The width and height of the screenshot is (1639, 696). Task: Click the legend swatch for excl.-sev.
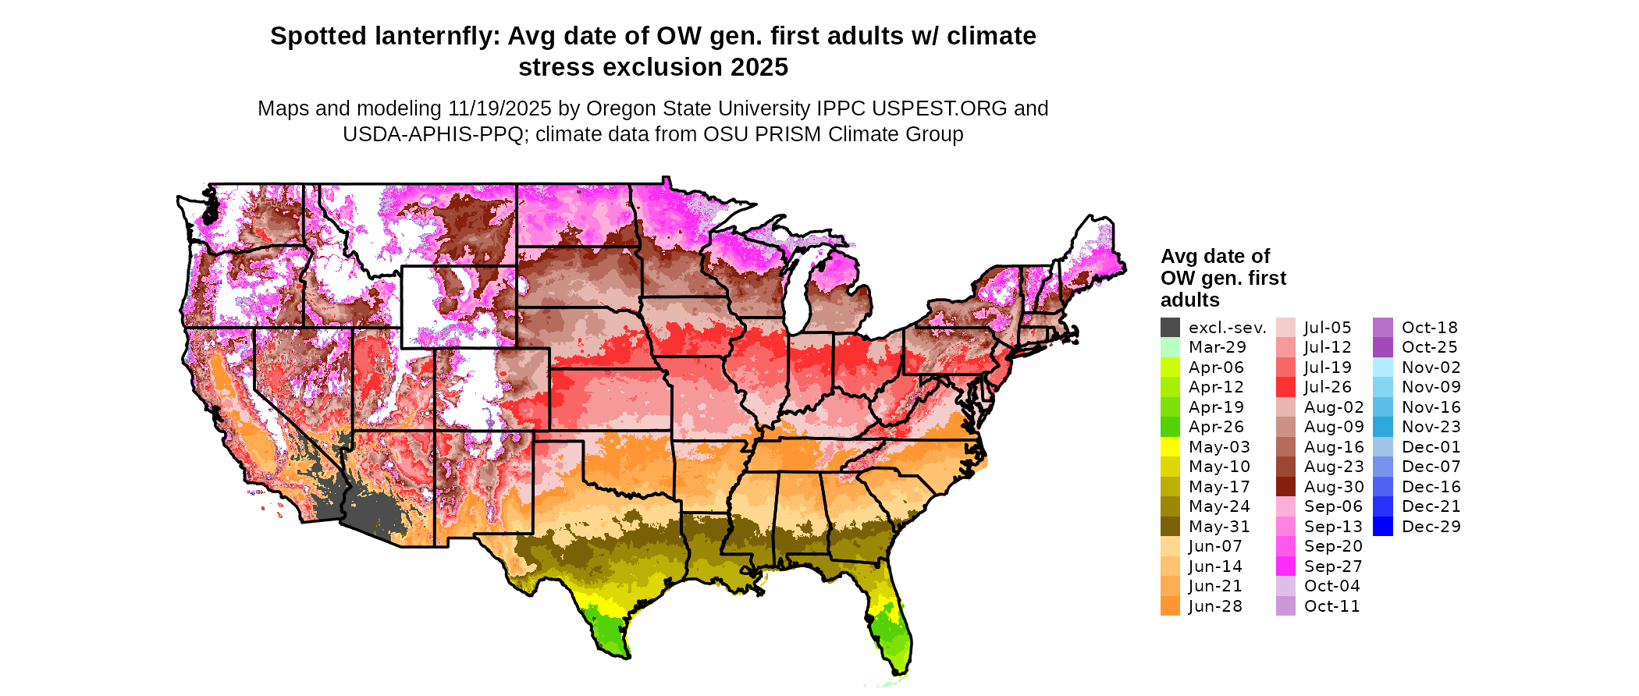tap(1170, 328)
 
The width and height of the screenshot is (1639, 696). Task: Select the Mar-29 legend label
tap(1217, 347)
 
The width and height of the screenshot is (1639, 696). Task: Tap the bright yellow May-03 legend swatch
tap(1170, 447)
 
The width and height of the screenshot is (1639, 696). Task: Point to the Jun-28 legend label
tap(1215, 606)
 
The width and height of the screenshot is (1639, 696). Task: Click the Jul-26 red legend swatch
tap(1285, 387)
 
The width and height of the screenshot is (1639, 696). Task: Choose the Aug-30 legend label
tap(1334, 487)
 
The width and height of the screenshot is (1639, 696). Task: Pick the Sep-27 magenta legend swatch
tap(1285, 566)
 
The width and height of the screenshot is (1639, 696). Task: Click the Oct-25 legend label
tap(1429, 347)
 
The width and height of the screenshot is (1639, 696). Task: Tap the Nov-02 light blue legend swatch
tap(1382, 368)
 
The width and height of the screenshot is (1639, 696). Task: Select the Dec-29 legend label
tap(1431, 527)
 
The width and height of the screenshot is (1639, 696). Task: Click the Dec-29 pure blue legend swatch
tap(1382, 527)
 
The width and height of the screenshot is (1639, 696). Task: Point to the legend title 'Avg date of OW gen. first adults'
tap(1223, 278)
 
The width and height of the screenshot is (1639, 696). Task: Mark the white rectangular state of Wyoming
tap(458, 307)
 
